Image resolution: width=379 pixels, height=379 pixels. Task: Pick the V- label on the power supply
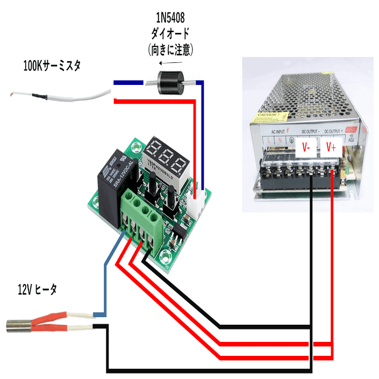[x=305, y=147]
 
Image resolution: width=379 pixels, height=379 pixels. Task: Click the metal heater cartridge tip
[x=17, y=324]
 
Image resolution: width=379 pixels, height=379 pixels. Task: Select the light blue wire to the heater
[x=106, y=280]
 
